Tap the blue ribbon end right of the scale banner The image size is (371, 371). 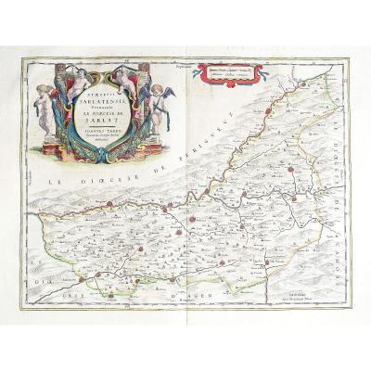[x=262, y=69]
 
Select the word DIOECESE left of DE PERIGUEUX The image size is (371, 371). [x=110, y=183]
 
